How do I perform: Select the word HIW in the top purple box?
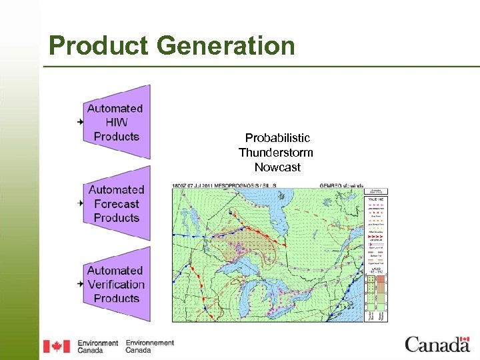click(116, 122)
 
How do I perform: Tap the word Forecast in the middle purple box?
click(116, 204)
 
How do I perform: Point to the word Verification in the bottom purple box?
click(116, 285)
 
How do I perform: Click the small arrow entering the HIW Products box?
click(80, 122)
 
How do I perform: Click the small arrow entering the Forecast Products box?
click(80, 203)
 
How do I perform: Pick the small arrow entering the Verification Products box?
click(80, 284)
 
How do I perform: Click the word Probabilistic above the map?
click(277, 138)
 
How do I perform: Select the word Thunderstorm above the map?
click(276, 153)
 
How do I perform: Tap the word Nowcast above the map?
click(277, 167)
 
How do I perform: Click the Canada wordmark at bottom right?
click(437, 345)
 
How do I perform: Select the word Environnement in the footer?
click(149, 343)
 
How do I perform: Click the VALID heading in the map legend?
click(375, 199)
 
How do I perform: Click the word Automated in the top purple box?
click(115, 108)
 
